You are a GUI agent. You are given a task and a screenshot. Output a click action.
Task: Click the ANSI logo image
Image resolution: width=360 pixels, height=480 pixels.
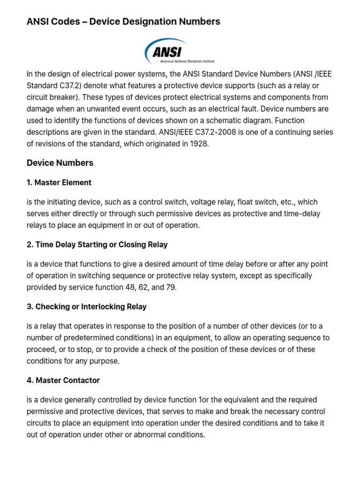point(180,51)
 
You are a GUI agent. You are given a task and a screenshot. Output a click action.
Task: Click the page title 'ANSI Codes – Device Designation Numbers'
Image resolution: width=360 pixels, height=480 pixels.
point(123,22)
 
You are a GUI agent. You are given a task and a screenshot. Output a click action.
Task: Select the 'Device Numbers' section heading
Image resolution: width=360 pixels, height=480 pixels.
point(60,163)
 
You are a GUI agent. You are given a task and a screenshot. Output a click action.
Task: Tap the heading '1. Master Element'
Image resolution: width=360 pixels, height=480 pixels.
point(59,182)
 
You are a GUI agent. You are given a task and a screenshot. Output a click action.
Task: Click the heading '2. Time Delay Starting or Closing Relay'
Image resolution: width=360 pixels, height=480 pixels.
point(97,245)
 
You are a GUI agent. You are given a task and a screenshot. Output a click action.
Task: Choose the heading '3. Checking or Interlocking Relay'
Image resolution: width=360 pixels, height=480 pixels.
point(87,307)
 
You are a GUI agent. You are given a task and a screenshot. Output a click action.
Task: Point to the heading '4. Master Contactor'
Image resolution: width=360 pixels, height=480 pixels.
point(63,380)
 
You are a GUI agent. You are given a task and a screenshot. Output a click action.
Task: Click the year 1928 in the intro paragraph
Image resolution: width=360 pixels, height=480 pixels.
point(199,144)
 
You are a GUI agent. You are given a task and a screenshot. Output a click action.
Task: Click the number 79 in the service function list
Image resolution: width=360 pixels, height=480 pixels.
point(170,287)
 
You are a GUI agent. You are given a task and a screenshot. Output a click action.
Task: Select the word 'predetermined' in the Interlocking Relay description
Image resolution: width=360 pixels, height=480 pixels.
point(82,337)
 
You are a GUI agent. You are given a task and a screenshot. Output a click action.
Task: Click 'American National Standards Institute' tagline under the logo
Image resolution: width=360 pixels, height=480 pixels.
point(187,61)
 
